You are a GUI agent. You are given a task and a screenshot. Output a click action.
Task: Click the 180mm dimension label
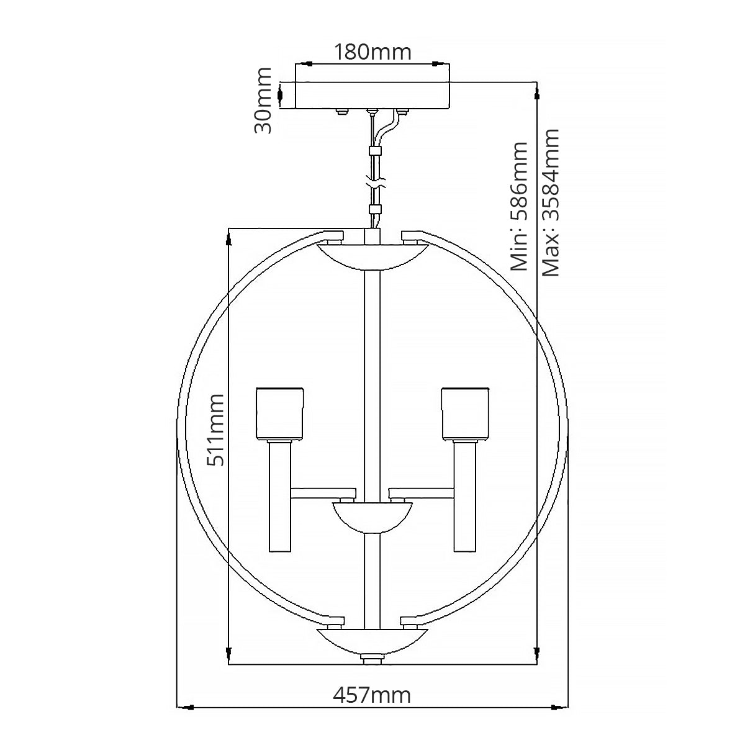pos(372,53)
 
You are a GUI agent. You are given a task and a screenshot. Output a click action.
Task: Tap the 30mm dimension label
pos(263,101)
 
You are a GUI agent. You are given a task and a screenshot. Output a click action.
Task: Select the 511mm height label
pos(215,430)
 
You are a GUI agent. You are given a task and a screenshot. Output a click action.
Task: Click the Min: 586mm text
pos(519,206)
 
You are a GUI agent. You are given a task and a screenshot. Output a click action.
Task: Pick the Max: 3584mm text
pos(551,202)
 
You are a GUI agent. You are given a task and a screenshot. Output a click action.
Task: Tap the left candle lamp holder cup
pos(280,414)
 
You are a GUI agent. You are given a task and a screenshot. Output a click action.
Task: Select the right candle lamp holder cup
pos(465,414)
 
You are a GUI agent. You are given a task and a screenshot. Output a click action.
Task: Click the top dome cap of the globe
pos(372,256)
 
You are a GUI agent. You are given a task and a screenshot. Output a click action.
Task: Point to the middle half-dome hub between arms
pos(372,518)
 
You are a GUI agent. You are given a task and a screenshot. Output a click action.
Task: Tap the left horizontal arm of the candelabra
pos(323,494)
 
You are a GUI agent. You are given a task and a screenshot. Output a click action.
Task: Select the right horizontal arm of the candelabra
pos(422,494)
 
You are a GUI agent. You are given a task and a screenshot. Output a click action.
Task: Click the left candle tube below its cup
pos(279,496)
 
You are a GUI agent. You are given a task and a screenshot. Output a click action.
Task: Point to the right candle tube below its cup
pos(465,496)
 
